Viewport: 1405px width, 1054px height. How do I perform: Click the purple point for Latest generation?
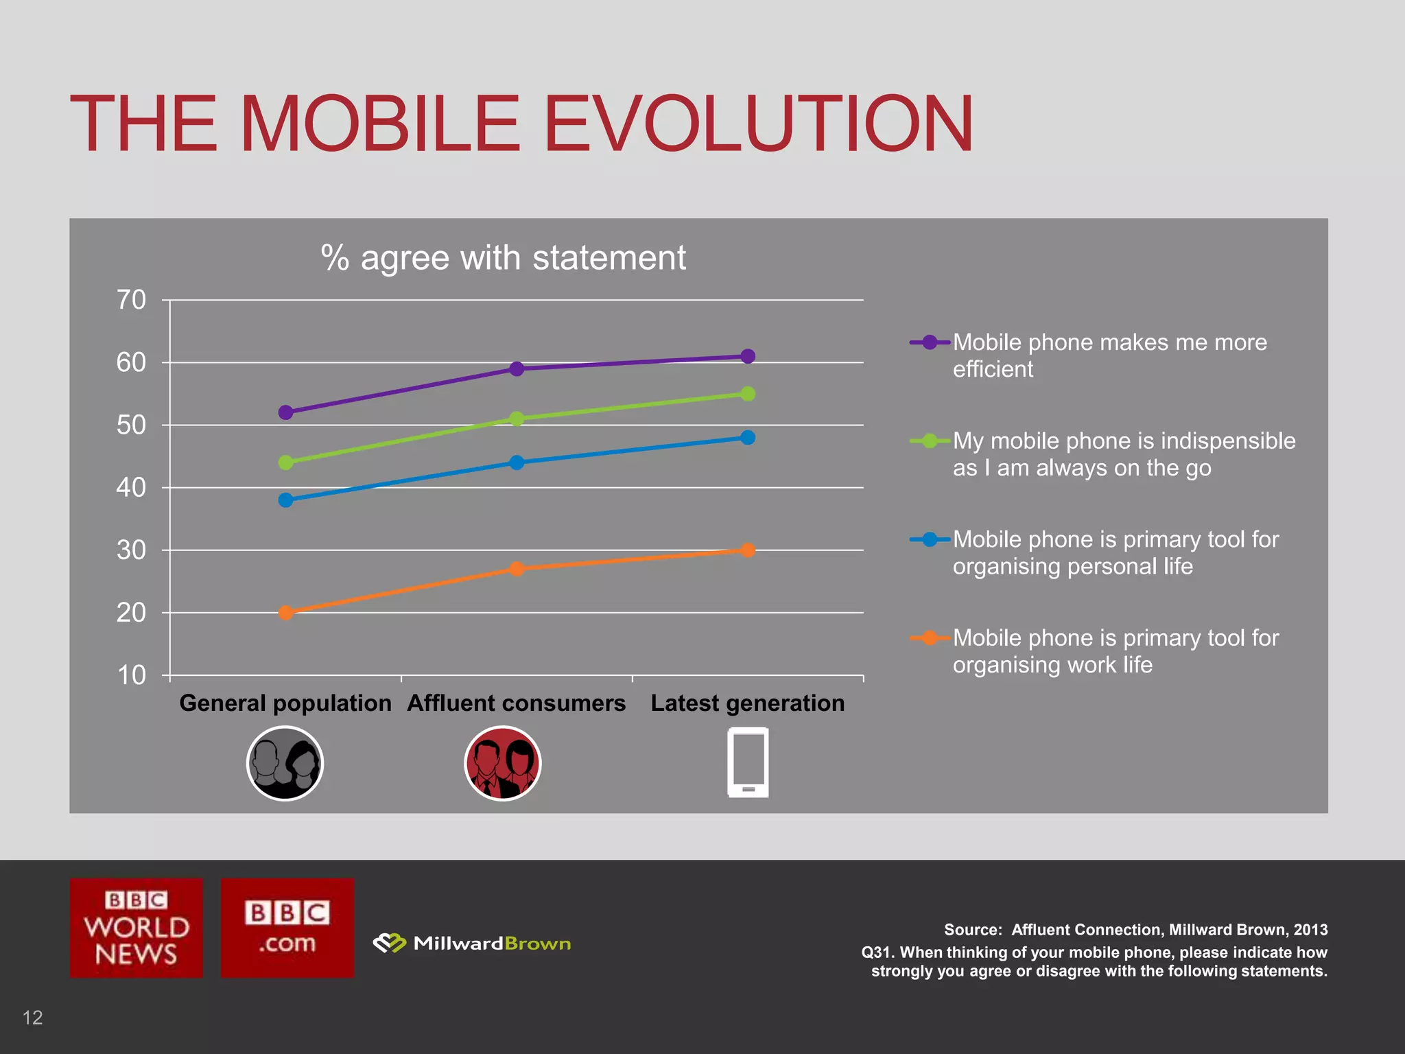click(748, 356)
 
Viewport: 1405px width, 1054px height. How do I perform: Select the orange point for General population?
click(286, 613)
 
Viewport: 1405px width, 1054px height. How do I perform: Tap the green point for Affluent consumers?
click(517, 419)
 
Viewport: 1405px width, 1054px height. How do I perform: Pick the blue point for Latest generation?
click(748, 438)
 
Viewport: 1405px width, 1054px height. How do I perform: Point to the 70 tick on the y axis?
click(131, 300)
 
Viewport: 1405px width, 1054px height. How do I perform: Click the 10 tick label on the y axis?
click(131, 675)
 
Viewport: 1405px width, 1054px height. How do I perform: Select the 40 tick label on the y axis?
click(131, 488)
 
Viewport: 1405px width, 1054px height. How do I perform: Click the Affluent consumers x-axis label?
click(516, 703)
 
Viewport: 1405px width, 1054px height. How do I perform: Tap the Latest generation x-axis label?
click(747, 703)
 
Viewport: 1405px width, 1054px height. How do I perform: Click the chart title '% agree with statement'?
click(503, 258)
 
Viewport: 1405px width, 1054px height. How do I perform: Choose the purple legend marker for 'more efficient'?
click(930, 342)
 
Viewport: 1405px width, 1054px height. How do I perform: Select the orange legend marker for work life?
click(930, 638)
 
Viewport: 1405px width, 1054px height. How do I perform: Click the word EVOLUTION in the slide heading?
click(757, 124)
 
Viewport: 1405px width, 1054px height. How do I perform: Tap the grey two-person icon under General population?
click(285, 763)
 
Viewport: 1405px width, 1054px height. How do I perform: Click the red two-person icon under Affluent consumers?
click(503, 763)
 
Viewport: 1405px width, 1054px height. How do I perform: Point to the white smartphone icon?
click(748, 763)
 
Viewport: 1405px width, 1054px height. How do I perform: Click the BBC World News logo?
click(137, 928)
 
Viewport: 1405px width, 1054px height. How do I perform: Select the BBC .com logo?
click(287, 928)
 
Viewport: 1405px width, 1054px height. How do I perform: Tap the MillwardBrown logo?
click(472, 944)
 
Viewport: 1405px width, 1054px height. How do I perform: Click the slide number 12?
click(33, 1017)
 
